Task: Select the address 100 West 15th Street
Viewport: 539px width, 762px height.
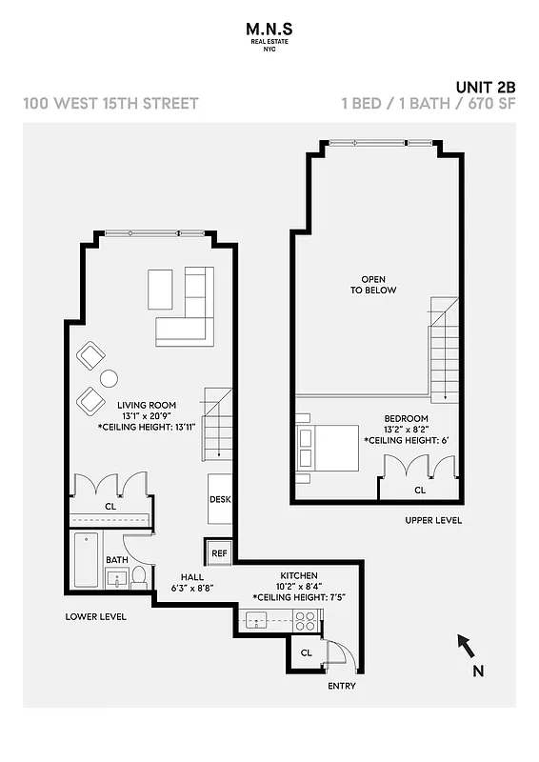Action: click(110, 103)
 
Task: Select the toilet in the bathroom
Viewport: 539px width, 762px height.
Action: click(139, 575)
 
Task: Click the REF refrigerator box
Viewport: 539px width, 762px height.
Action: click(219, 552)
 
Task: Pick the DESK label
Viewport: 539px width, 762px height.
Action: click(220, 499)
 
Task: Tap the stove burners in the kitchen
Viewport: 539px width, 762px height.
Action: click(306, 621)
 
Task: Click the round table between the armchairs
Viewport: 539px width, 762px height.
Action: click(109, 378)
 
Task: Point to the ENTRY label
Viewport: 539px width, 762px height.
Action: click(341, 685)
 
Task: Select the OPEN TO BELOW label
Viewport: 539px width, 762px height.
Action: click(372, 284)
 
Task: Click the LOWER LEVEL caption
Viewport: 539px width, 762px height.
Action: click(95, 616)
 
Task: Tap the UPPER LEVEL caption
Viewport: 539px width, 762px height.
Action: click(433, 520)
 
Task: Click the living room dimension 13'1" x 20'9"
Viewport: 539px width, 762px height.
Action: click(147, 416)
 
